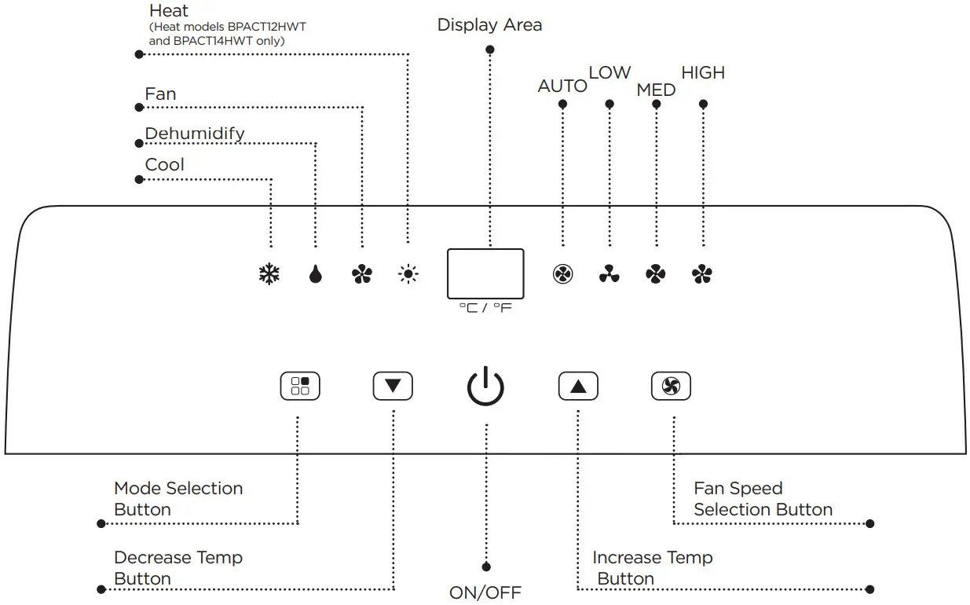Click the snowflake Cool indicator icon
click(269, 274)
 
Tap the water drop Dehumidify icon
click(316, 274)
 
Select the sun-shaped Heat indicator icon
click(408, 274)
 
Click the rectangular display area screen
click(485, 273)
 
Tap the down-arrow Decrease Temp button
click(393, 386)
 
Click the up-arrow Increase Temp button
click(578, 386)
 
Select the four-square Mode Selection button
click(300, 386)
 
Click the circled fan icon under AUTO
click(562, 274)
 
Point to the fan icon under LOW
click(609, 274)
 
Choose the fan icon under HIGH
click(702, 274)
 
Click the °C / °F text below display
click(485, 308)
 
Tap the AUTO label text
click(562, 86)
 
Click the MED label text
click(656, 90)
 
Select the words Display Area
click(489, 25)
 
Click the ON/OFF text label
click(485, 592)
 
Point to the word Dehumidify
click(195, 134)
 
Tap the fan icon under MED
click(656, 274)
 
